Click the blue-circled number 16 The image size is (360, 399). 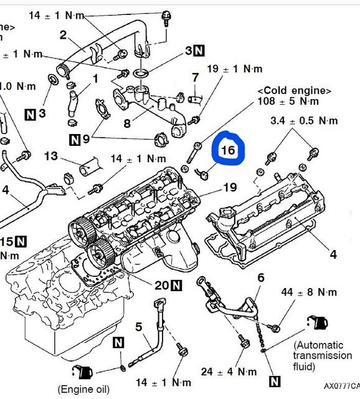(228, 150)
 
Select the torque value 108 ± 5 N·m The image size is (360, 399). (289, 101)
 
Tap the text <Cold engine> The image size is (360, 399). (294, 90)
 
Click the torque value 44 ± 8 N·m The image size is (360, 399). (309, 292)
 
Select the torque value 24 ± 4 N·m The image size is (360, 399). (229, 372)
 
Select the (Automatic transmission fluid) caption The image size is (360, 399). (322, 355)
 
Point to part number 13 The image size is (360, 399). (50, 155)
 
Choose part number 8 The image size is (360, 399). (126, 123)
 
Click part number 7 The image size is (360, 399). (195, 78)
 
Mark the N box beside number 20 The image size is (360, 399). (176, 286)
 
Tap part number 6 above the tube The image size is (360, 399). (260, 277)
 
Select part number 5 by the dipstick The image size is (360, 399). (138, 326)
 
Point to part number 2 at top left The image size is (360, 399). (63, 35)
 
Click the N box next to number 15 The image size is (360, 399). (21, 241)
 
